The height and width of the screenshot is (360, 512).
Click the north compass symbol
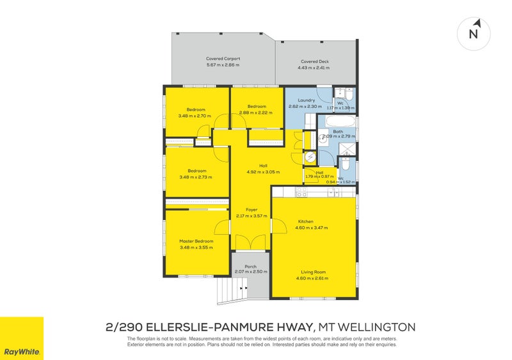click(x=474, y=33)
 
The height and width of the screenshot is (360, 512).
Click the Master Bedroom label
click(x=196, y=241)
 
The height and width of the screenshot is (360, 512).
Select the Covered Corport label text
click(x=223, y=58)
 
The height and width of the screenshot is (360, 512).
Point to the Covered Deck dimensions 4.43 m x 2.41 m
click(x=314, y=67)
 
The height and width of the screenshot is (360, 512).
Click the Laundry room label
click(x=306, y=100)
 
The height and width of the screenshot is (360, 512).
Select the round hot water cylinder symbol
click(x=310, y=156)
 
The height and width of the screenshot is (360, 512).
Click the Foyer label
click(x=251, y=210)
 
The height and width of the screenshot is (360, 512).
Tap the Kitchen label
click(x=305, y=221)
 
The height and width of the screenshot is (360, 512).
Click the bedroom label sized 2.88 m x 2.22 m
click(x=256, y=106)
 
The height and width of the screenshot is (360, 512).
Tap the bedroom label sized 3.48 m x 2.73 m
click(x=196, y=171)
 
